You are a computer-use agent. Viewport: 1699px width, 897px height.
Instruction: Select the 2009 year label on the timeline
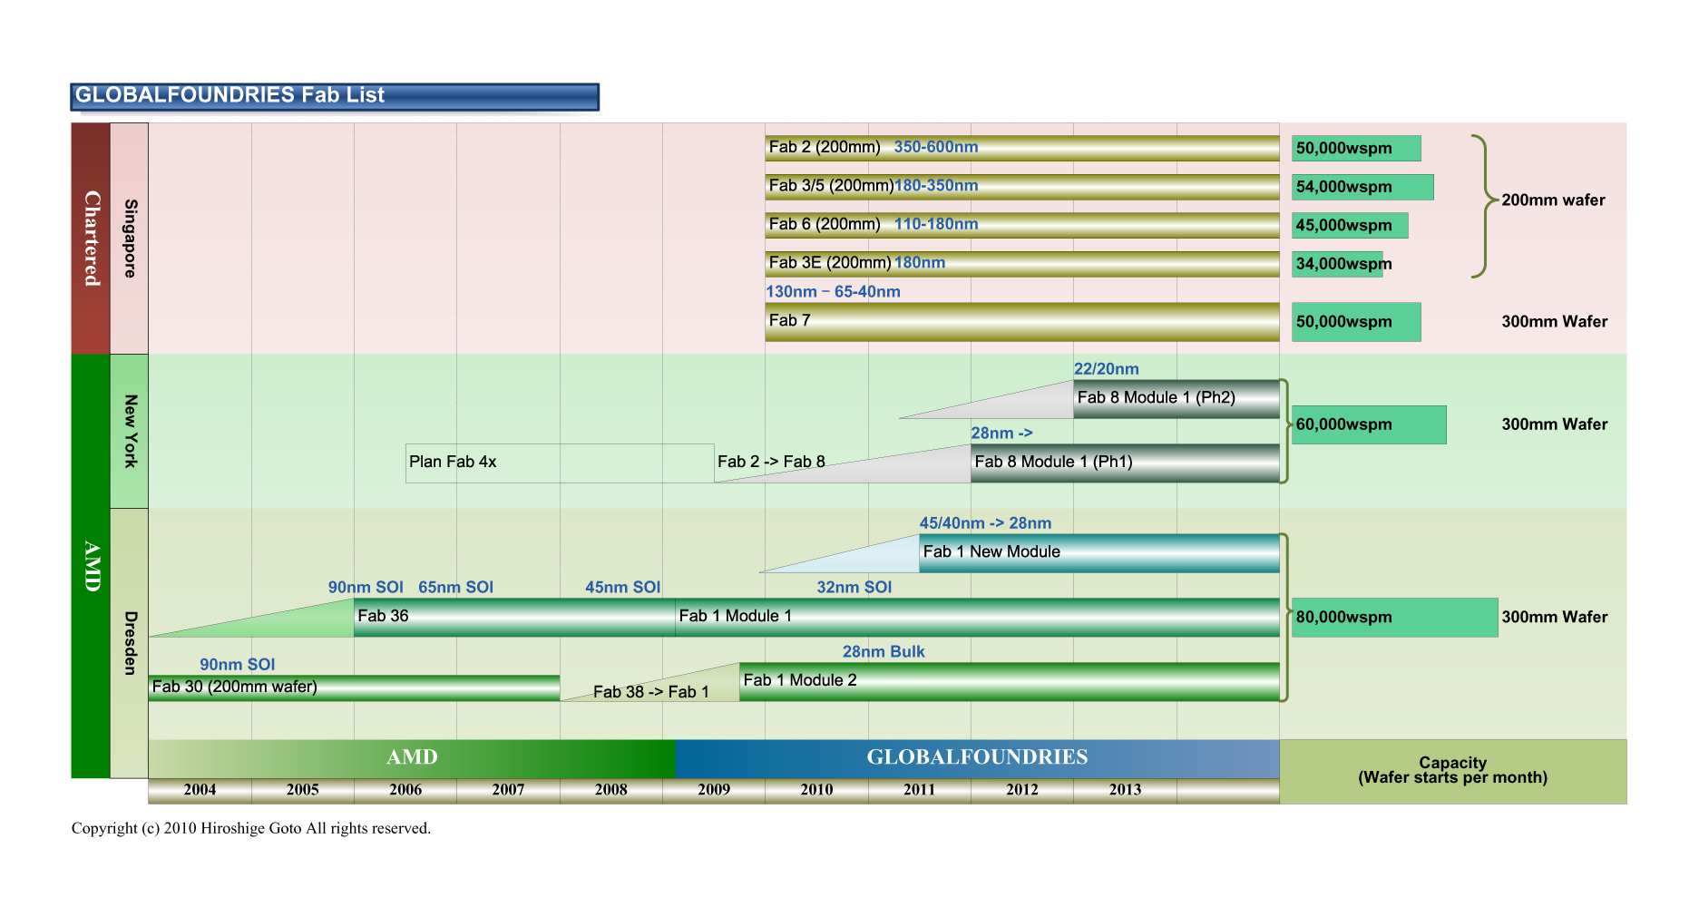[x=713, y=789]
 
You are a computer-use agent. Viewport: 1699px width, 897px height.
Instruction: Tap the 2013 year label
[x=1124, y=789]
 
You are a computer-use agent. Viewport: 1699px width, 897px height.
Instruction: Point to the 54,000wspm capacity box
[x=1362, y=187]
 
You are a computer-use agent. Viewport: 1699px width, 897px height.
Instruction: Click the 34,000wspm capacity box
[x=1337, y=264]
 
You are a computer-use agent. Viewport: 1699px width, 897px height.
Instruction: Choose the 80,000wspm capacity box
[x=1393, y=617]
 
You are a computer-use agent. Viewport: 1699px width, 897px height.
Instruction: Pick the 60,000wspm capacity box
[x=1368, y=424]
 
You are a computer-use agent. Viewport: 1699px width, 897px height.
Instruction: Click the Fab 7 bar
[x=1021, y=321]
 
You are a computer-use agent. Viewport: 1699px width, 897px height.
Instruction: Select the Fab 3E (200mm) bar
[x=1021, y=263]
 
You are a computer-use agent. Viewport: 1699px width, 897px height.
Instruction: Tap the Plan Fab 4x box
[x=559, y=463]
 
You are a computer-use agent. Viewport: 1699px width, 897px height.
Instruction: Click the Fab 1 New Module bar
[x=1098, y=552]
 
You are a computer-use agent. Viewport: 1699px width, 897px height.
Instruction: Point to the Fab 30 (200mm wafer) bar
[x=354, y=687]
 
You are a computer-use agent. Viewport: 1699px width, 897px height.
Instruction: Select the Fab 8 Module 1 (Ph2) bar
[x=1176, y=398]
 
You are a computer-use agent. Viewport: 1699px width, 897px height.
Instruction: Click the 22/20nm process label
[x=1106, y=369]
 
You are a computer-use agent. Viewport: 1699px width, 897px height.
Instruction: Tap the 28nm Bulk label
[x=883, y=651]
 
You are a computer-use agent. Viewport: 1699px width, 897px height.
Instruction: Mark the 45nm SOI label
[x=622, y=587]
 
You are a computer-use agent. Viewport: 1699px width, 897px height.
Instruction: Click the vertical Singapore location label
[x=130, y=238]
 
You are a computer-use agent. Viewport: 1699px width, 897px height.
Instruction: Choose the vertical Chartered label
[x=91, y=238]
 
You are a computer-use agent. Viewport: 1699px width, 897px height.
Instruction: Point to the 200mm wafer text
[x=1552, y=200]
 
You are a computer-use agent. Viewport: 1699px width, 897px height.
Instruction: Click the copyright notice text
[x=250, y=828]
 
